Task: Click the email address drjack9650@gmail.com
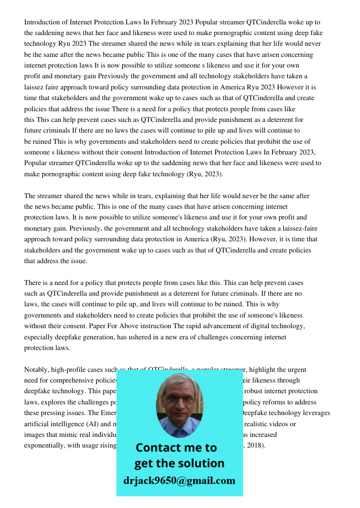tap(179, 481)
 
